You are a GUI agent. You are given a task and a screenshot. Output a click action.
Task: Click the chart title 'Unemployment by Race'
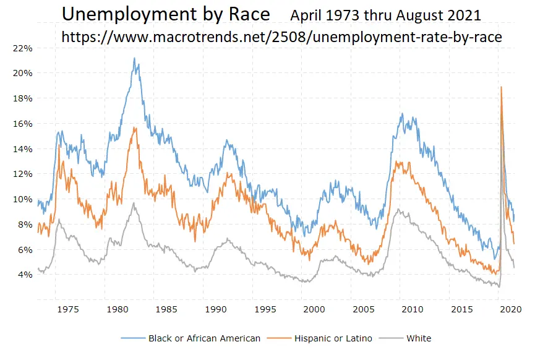coord(166,14)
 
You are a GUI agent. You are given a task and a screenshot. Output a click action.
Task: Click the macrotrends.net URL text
coord(281,38)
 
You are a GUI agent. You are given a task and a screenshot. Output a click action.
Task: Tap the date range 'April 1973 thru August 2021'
coord(385,15)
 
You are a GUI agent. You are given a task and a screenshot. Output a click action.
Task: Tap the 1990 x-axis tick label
coord(215,309)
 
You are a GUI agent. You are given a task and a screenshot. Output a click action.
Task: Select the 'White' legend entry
coord(419,338)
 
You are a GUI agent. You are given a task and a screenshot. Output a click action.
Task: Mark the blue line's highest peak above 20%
coord(134,58)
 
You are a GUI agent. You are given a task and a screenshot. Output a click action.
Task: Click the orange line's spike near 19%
coord(500,87)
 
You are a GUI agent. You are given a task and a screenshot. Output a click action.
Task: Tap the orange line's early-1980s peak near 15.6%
coord(134,128)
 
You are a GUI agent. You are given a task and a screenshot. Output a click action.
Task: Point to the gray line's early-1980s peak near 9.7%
coord(134,202)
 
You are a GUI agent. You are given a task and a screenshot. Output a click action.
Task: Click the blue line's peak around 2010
coord(402,114)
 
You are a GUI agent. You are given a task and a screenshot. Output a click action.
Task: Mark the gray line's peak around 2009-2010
coord(399,210)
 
